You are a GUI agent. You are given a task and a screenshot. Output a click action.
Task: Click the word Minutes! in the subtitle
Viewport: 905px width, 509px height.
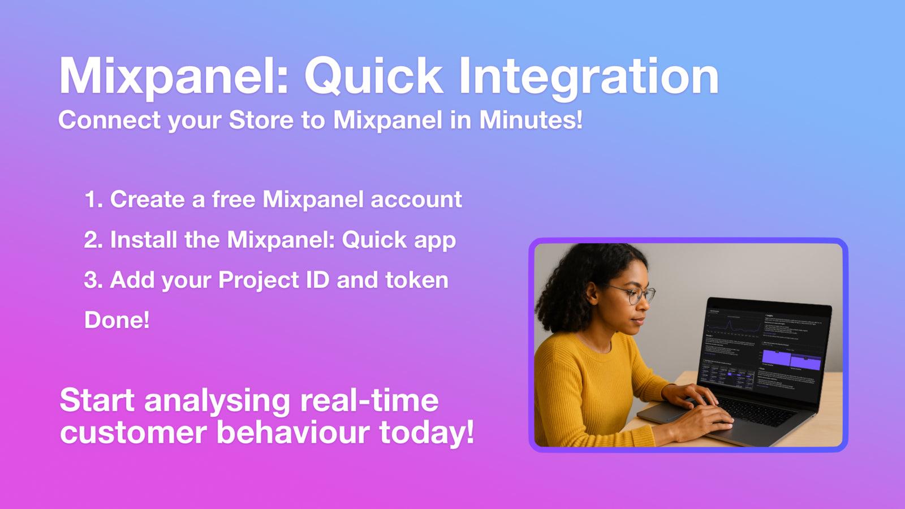coord(531,120)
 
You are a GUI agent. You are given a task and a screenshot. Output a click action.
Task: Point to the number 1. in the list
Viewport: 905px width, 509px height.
coord(93,200)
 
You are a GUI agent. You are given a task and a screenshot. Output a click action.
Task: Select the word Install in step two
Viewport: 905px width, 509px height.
coord(143,240)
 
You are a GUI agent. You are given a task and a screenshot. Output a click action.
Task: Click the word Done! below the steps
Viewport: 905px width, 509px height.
coord(117,320)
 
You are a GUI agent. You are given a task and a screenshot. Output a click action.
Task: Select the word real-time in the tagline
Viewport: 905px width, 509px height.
coord(369,400)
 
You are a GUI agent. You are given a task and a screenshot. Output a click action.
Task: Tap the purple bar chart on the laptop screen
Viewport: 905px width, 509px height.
coord(791,360)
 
